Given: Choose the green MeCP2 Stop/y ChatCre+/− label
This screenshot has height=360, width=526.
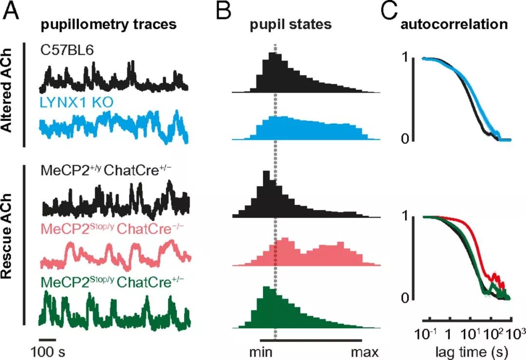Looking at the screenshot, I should click(109, 282).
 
